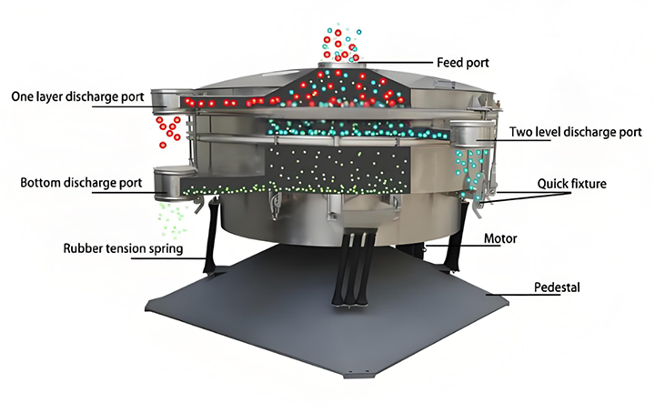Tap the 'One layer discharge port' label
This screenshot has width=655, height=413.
click(x=76, y=96)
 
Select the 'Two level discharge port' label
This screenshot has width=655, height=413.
click(x=575, y=132)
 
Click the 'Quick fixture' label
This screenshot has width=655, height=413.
click(x=572, y=183)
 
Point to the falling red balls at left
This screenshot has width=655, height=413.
click(x=167, y=130)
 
